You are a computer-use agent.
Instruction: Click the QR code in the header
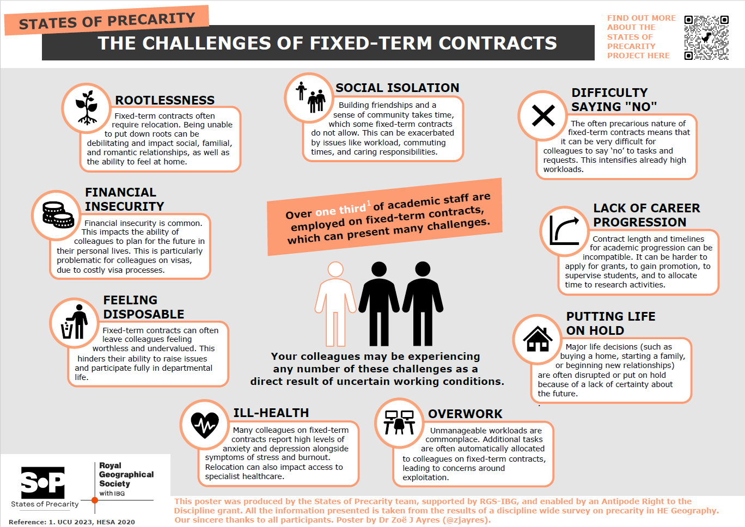[706, 38]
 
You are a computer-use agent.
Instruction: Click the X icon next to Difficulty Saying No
[543, 115]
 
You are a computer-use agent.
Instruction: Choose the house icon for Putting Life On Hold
[538, 339]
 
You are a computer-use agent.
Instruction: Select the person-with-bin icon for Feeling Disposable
[75, 322]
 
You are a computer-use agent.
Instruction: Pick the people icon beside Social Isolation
[310, 97]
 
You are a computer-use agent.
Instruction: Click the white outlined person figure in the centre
[335, 303]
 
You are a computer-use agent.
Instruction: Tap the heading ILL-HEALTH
[271, 413]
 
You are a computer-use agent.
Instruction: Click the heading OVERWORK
[465, 414]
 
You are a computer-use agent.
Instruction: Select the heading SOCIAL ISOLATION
[397, 88]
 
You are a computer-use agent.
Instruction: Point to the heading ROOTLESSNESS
[164, 100]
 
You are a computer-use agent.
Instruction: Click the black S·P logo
[43, 482]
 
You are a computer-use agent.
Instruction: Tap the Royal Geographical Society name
[126, 474]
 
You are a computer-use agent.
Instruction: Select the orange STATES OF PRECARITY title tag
[107, 21]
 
